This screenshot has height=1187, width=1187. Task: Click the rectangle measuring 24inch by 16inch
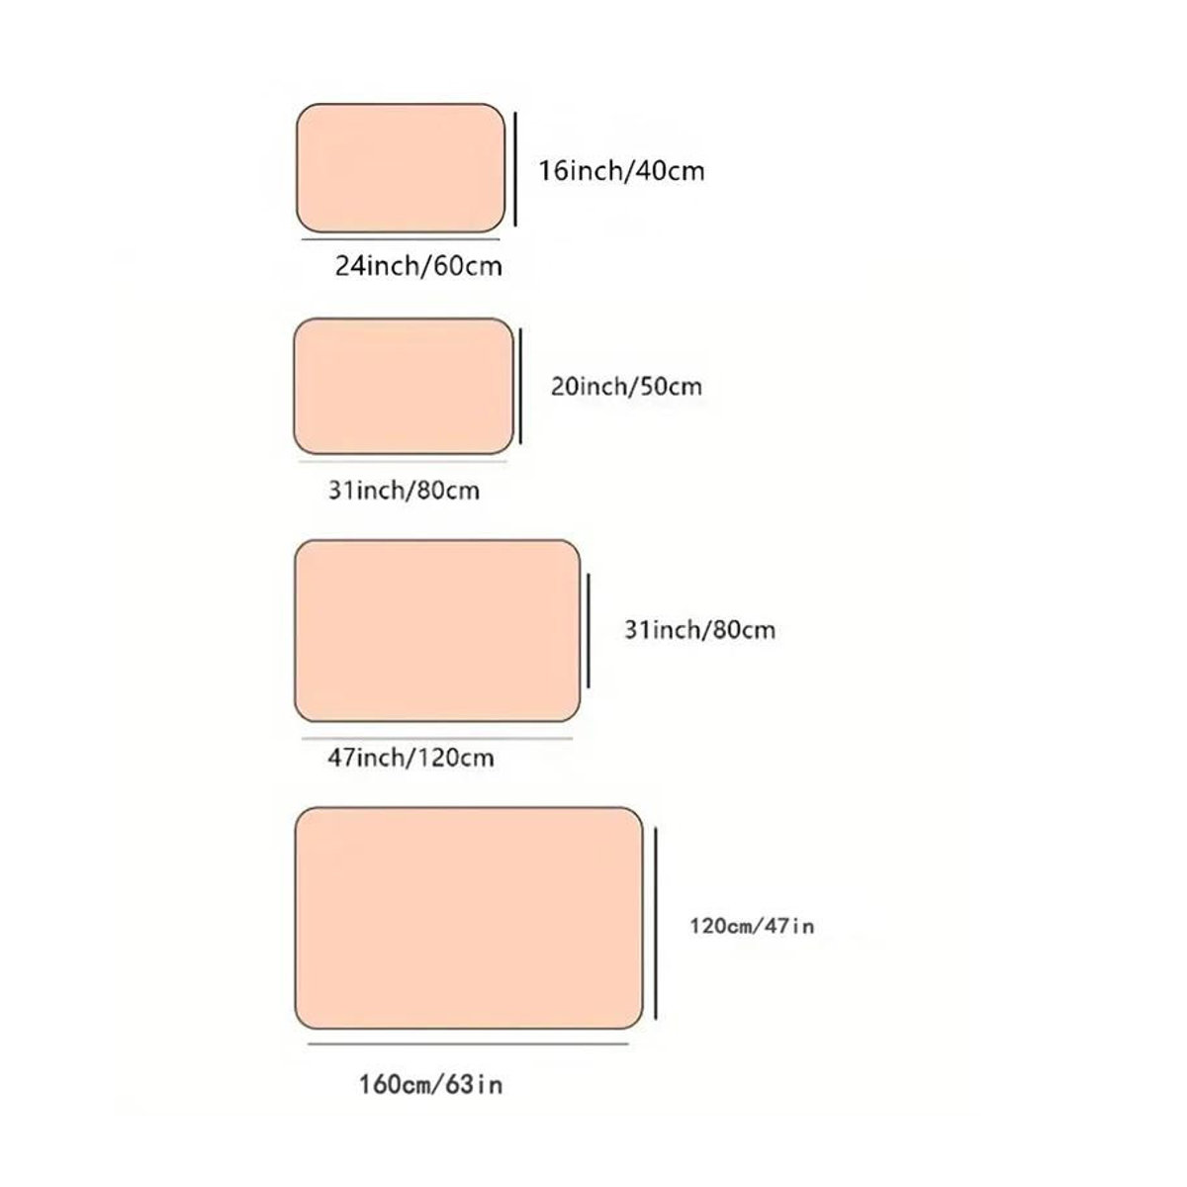point(401,168)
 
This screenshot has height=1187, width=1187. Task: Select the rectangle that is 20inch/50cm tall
point(404,386)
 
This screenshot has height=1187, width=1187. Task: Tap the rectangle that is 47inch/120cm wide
point(437,631)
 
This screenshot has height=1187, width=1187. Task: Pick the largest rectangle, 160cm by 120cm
point(469,918)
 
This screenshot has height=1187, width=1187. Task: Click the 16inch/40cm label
point(621,171)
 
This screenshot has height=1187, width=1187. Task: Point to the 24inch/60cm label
point(418,266)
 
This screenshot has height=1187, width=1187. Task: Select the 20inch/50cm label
point(626,387)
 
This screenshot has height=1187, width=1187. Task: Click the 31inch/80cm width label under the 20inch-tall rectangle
point(405,491)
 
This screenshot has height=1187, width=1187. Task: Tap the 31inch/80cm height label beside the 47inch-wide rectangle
point(699,630)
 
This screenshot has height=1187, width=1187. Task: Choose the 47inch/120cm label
point(411,758)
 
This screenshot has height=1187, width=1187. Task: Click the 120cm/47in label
point(752,927)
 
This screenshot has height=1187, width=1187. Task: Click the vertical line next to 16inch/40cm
point(515,169)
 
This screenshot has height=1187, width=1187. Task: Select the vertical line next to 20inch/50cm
point(520,386)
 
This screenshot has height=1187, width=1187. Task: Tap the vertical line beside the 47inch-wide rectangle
point(589,631)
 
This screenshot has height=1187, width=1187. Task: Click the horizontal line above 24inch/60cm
point(401,239)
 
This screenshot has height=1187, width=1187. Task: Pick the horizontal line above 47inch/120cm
point(437,738)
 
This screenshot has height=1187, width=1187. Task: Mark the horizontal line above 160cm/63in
point(468,1045)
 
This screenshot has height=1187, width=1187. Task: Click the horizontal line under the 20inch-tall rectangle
point(403,461)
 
